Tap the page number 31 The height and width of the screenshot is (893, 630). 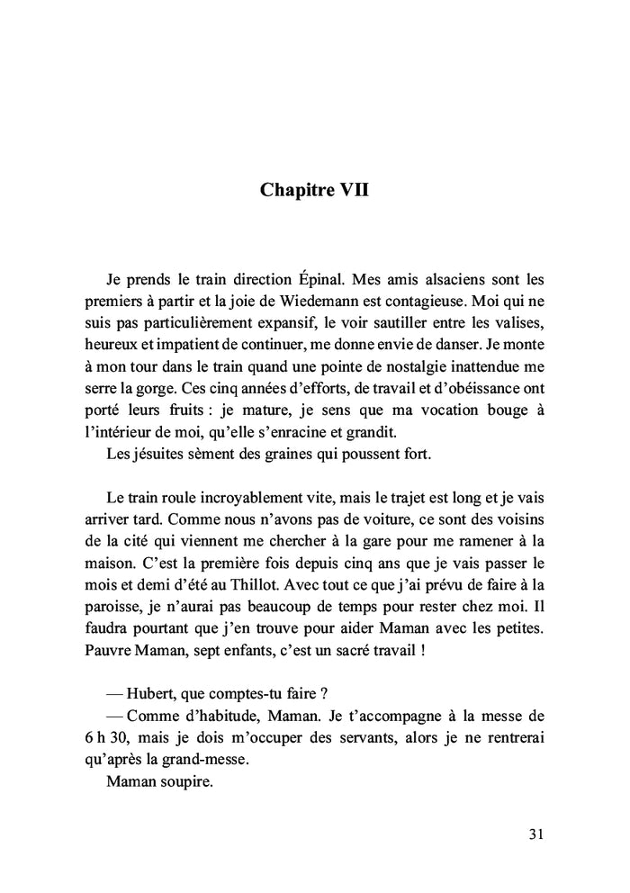pos(535,834)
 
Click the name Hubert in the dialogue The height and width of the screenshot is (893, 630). pos(151,695)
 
